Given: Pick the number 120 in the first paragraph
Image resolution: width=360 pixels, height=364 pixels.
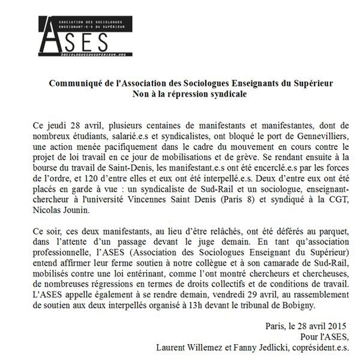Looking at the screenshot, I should coord(84,180).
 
